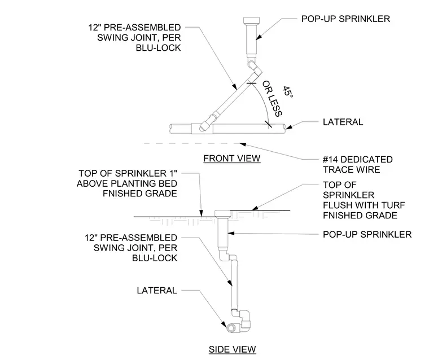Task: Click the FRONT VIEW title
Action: click(x=232, y=159)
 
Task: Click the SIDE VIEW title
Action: click(x=233, y=349)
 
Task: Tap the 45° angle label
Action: click(x=288, y=91)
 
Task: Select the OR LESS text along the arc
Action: click(x=272, y=99)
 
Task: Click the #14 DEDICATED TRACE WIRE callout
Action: click(x=357, y=164)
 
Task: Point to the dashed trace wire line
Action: click(x=191, y=143)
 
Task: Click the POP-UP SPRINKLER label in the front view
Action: click(x=345, y=19)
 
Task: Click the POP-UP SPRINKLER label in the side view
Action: click(x=367, y=234)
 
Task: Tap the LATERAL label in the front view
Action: click(x=343, y=122)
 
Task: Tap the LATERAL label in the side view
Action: click(x=157, y=291)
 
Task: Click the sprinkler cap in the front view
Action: click(x=251, y=21)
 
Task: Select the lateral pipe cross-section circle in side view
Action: click(x=231, y=327)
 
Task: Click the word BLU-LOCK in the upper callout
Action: click(x=159, y=48)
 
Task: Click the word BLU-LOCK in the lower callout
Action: click(x=155, y=258)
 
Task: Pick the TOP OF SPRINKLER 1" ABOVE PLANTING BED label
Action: click(x=127, y=183)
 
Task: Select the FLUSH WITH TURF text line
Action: click(x=364, y=205)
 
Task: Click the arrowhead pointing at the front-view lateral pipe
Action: click(x=288, y=127)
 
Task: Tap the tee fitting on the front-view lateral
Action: click(x=202, y=128)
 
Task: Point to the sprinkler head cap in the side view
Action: click(x=224, y=213)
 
